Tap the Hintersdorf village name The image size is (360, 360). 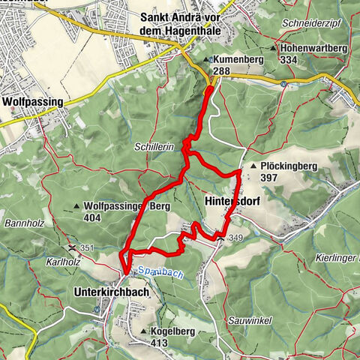coord(229,201)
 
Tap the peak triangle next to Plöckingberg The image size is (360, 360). coord(255,166)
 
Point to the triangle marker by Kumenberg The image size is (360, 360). coord(206,58)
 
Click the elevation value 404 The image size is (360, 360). coord(93,217)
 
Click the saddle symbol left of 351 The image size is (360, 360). coord(72,247)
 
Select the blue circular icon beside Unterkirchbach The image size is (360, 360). coord(95,308)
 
